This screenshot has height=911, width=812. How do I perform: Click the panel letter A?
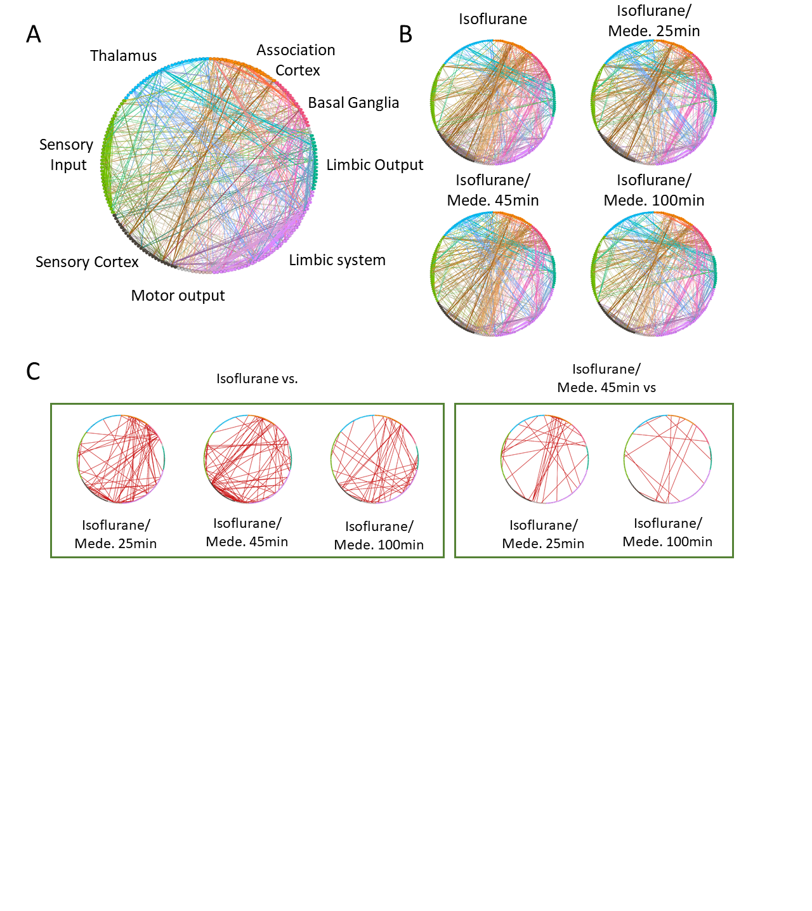[34, 34]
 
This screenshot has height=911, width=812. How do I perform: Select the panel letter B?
[406, 34]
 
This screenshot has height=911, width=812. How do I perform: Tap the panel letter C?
[33, 371]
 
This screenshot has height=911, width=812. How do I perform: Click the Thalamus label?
[123, 56]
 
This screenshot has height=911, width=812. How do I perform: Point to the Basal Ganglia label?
[353, 103]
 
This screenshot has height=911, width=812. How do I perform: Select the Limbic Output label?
[374, 165]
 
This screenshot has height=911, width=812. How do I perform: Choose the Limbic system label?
[337, 260]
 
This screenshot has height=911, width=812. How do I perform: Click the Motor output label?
[178, 296]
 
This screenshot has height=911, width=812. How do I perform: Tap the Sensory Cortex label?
[87, 262]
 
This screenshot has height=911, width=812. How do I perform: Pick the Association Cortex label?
[296, 60]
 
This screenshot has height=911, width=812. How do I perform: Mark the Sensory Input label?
[67, 155]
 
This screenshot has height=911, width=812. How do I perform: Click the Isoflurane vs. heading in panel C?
[257, 379]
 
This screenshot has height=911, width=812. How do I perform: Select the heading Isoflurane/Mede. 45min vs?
[606, 378]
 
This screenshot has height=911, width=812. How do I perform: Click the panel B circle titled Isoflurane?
[493, 102]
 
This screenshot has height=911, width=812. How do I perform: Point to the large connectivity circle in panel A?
[209, 166]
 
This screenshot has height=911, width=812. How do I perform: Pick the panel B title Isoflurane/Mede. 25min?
[654, 21]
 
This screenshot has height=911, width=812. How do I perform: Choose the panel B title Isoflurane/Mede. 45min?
[493, 190]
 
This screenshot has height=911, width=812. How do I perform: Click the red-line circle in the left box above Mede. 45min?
[247, 459]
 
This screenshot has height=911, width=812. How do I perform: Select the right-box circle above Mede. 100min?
[667, 459]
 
